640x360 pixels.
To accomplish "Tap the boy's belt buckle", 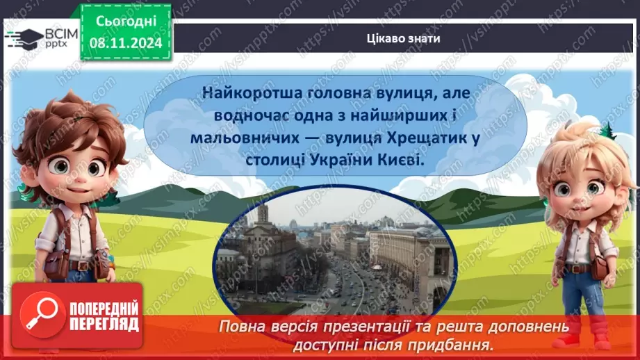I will tap(81, 265).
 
